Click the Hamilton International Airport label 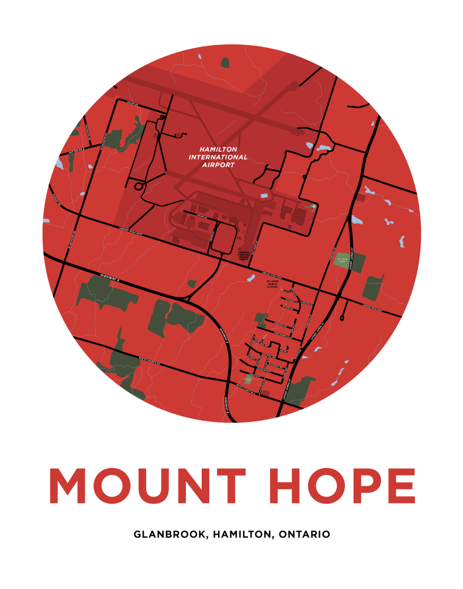point(217,157)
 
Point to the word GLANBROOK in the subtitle point(170,534)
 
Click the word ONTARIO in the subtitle point(305,534)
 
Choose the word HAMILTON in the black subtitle point(244,534)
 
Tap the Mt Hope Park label point(343,259)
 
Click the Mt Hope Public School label point(272,285)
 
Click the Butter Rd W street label point(77,151)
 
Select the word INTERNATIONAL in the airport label point(217,157)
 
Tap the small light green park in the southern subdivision point(251,379)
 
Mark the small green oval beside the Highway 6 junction point(192,284)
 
